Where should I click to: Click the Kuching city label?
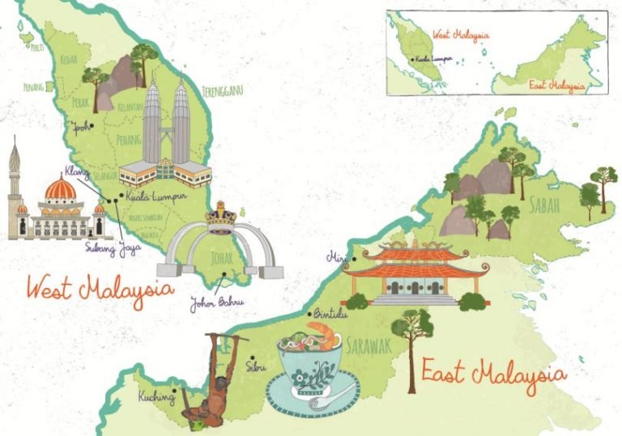pos(156,396)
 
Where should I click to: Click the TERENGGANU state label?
pos(223,90)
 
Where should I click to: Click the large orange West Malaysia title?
pos(100,289)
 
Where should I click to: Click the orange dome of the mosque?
pos(60,190)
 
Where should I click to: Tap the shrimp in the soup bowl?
pos(322,332)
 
